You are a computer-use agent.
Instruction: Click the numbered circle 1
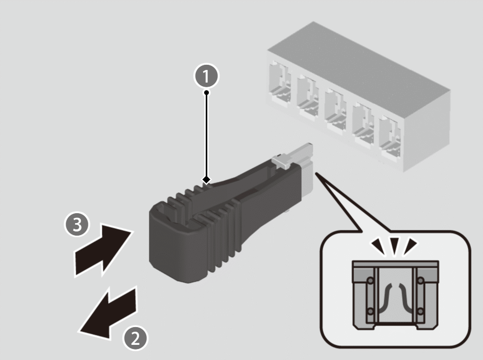point(207,76)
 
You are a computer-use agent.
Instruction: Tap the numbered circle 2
point(135,339)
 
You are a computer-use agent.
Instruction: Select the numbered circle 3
point(76,225)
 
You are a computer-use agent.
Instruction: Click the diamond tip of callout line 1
point(207,180)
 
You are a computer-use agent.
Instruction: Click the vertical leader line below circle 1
point(207,136)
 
